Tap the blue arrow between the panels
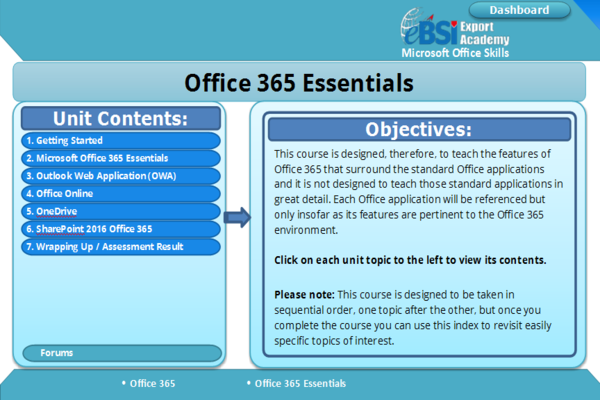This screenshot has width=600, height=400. [x=237, y=217]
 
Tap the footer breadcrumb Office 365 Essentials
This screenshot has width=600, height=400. [x=300, y=383]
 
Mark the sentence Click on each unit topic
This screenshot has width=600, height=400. [x=410, y=259]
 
